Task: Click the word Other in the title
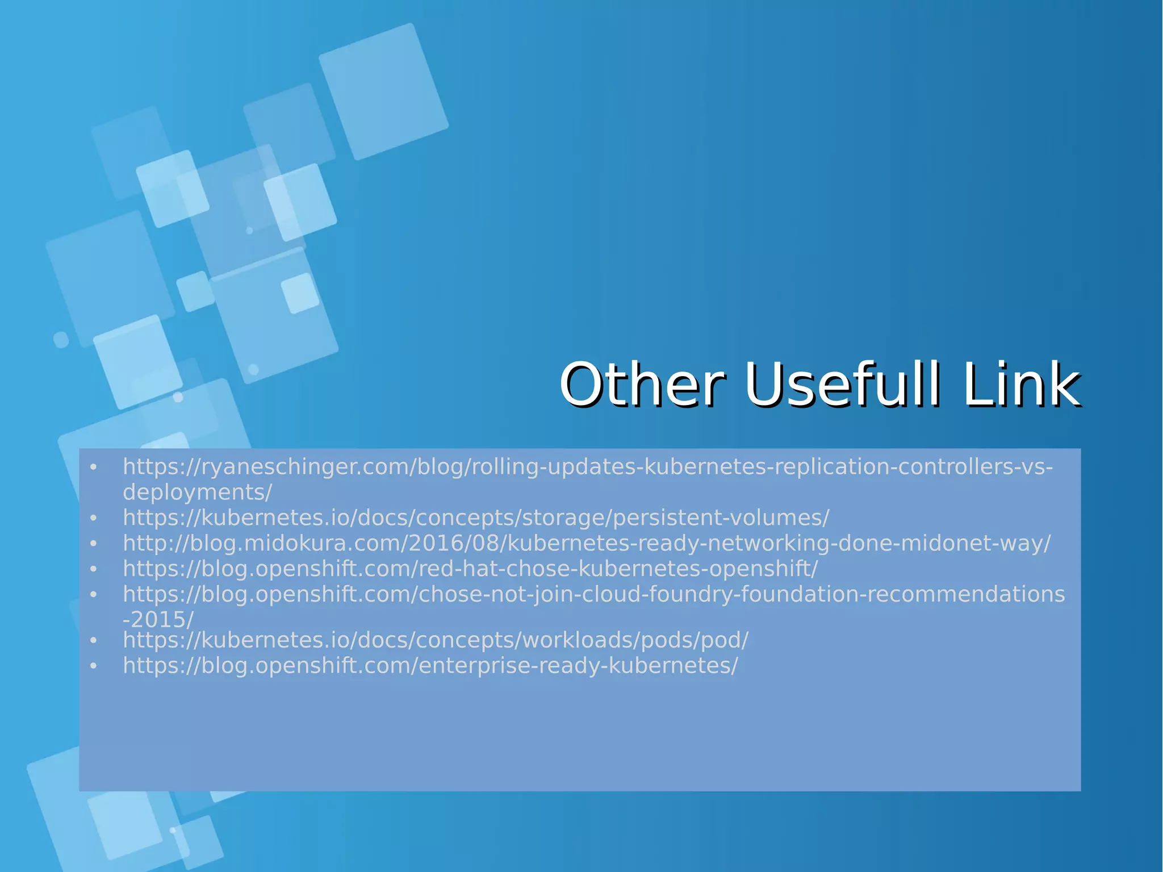(x=642, y=385)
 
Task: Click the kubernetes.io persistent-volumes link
(x=476, y=518)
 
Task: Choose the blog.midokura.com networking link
(x=587, y=543)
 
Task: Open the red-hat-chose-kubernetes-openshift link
(x=470, y=569)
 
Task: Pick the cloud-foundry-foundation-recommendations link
(x=593, y=594)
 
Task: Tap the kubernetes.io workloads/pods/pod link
(x=436, y=640)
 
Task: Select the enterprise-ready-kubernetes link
(x=430, y=665)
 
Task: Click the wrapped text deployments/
(x=197, y=492)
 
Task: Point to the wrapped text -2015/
(x=158, y=619)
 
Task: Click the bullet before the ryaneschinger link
(x=94, y=468)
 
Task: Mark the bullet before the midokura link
(x=94, y=544)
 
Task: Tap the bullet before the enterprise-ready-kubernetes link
(x=94, y=666)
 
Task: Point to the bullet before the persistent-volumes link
(x=94, y=519)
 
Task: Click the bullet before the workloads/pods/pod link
(x=94, y=641)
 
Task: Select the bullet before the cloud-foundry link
(x=94, y=595)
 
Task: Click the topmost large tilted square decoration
(x=383, y=91)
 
